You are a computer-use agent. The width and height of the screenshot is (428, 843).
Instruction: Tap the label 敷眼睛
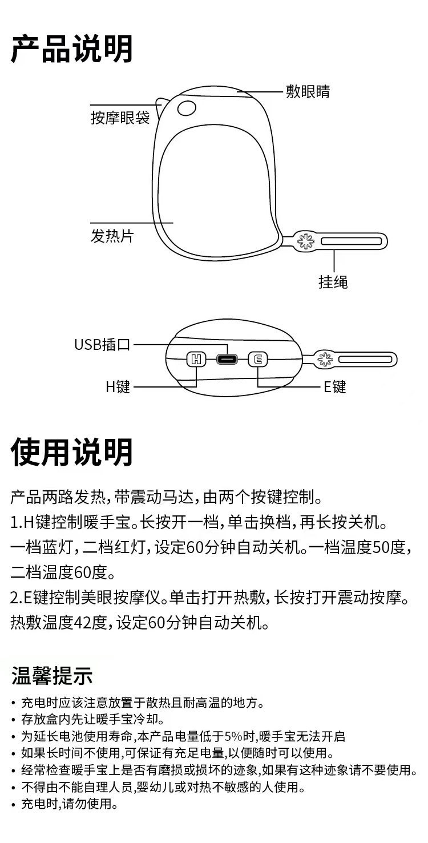[308, 91]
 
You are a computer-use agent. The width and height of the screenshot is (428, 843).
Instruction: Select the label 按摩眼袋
[120, 118]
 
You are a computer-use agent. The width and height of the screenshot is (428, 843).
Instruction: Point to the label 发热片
[112, 236]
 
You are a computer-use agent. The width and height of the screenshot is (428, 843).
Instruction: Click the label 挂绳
[333, 281]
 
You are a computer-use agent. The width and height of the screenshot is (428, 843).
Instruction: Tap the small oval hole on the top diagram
[187, 107]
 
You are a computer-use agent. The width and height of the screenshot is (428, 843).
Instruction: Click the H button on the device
[196, 360]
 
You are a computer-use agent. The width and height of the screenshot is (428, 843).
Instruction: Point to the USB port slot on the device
[227, 360]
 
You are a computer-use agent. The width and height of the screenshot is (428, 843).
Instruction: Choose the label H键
[118, 387]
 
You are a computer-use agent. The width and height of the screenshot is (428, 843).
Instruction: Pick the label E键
[335, 387]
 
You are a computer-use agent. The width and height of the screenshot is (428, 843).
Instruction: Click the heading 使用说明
[72, 452]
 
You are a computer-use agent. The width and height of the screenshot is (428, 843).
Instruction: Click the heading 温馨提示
[52, 676]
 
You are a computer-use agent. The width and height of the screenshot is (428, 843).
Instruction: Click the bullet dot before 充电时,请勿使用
[14, 805]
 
